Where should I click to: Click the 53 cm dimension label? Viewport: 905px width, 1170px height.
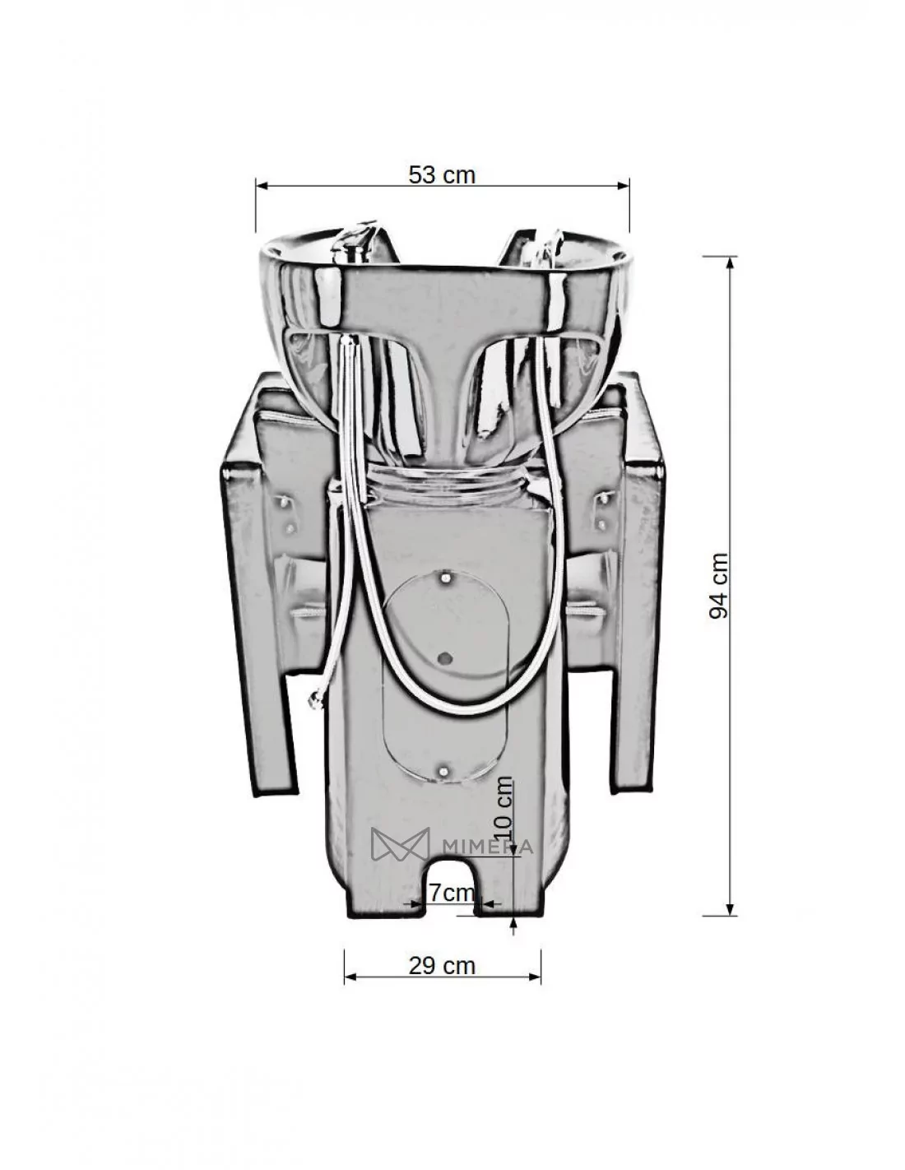point(442,175)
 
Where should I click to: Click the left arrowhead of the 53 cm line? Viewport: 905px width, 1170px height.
point(262,186)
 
